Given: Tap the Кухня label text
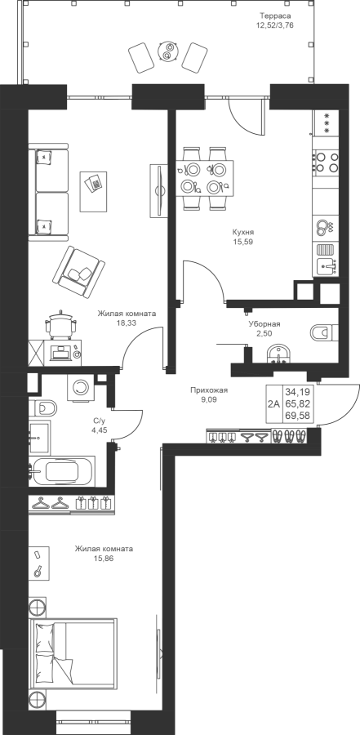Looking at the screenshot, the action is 243,232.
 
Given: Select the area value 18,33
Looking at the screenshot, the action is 127,323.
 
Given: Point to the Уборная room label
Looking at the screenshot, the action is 264,324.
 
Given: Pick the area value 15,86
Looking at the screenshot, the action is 104,559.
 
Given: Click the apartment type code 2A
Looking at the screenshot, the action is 273,403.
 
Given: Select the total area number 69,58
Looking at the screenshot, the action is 298,416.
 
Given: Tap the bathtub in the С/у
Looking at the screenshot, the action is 62,471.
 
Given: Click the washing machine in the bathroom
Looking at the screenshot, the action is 81,387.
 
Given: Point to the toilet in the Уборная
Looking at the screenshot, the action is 324,332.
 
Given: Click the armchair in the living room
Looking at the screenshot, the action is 78,272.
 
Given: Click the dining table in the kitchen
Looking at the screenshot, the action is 204,178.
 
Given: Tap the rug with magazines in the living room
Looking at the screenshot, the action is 96,191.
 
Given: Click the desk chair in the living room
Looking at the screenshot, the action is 60,323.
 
